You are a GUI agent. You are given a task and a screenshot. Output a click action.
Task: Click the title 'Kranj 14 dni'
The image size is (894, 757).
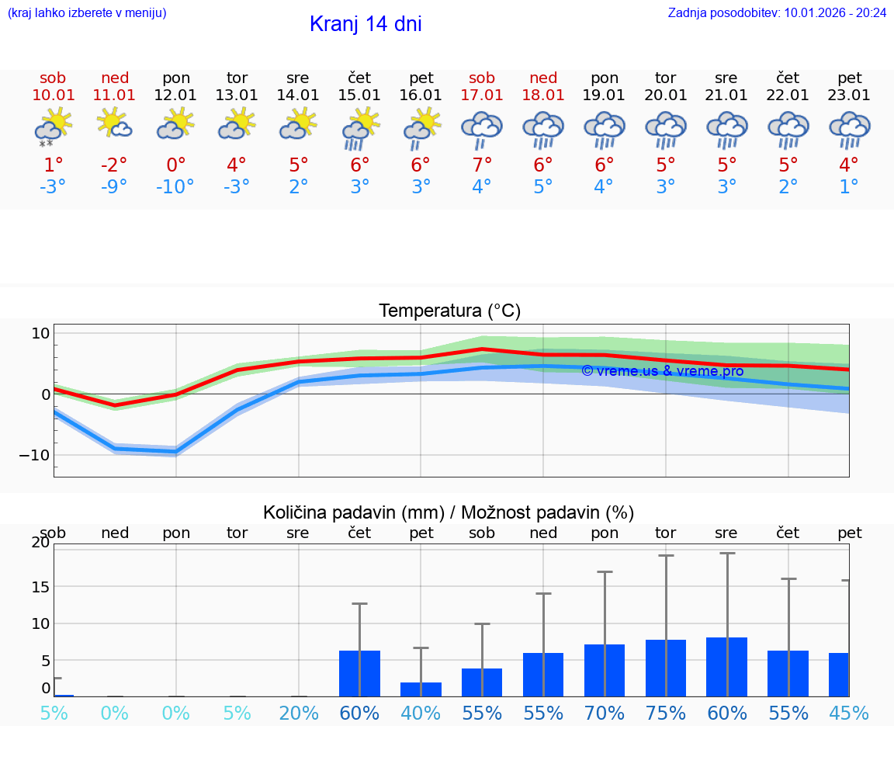[366, 24]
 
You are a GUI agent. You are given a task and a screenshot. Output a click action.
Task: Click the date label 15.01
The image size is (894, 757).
[359, 95]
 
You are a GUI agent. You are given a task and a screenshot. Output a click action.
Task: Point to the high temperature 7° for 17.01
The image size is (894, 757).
[482, 165]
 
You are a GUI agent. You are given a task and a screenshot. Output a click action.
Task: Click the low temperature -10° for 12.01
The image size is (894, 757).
[175, 187]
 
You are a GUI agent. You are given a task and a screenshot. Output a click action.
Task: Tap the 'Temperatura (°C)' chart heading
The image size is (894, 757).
[449, 311]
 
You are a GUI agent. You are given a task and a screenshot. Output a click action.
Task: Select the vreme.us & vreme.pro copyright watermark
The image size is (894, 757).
[662, 371]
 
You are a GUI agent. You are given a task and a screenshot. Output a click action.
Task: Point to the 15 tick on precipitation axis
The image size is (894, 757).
[40, 586]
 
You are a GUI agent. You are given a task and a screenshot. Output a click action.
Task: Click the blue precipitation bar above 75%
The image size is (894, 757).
[666, 668]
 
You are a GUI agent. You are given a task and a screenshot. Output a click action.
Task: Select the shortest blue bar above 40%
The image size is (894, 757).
[421, 689]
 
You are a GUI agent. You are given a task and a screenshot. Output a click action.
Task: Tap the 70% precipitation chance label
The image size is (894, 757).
[605, 713]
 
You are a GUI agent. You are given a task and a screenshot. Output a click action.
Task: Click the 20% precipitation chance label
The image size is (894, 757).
[299, 713]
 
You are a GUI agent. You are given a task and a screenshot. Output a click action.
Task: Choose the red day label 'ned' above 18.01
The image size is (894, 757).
[543, 78]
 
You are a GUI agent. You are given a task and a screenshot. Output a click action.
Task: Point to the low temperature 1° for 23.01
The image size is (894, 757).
[849, 187]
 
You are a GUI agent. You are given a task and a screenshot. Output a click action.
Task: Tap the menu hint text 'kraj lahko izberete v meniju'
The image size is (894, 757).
[87, 12]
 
